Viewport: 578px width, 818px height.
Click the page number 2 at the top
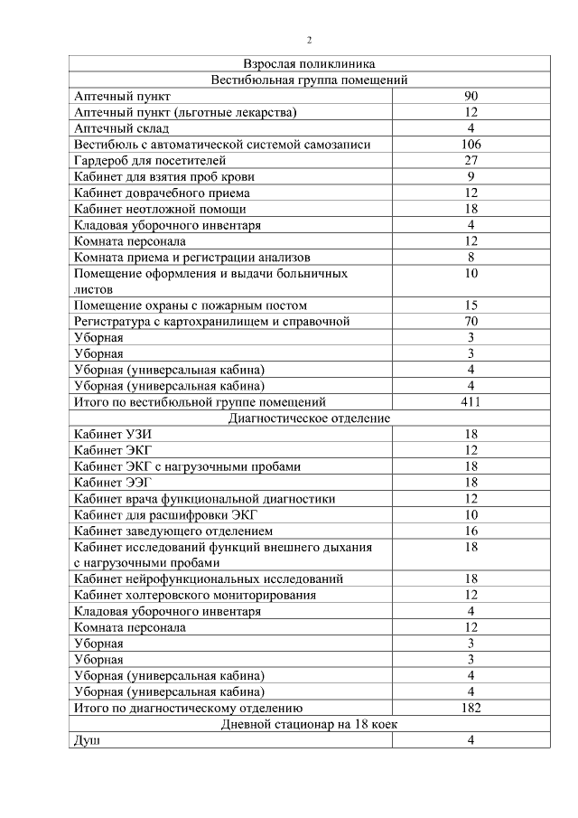(x=309, y=41)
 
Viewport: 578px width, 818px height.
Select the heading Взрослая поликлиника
(x=309, y=64)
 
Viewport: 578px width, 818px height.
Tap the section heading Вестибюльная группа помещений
(x=309, y=80)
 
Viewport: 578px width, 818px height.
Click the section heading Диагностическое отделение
(x=309, y=418)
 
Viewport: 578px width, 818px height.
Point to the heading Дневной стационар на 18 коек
(x=309, y=725)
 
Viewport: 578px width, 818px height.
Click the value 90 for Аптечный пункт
(x=471, y=97)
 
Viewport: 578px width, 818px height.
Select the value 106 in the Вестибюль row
(x=471, y=145)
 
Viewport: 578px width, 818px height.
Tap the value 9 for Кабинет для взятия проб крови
(x=471, y=177)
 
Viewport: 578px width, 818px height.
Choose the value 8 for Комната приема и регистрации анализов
(x=471, y=258)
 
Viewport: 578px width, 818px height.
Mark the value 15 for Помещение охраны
(x=471, y=306)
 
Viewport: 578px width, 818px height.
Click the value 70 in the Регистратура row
(x=471, y=322)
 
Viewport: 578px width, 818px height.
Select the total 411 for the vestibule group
(x=471, y=402)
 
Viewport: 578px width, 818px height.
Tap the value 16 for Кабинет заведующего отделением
(x=471, y=531)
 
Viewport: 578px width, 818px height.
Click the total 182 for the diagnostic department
(x=471, y=708)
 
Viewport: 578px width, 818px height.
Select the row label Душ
(x=87, y=741)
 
